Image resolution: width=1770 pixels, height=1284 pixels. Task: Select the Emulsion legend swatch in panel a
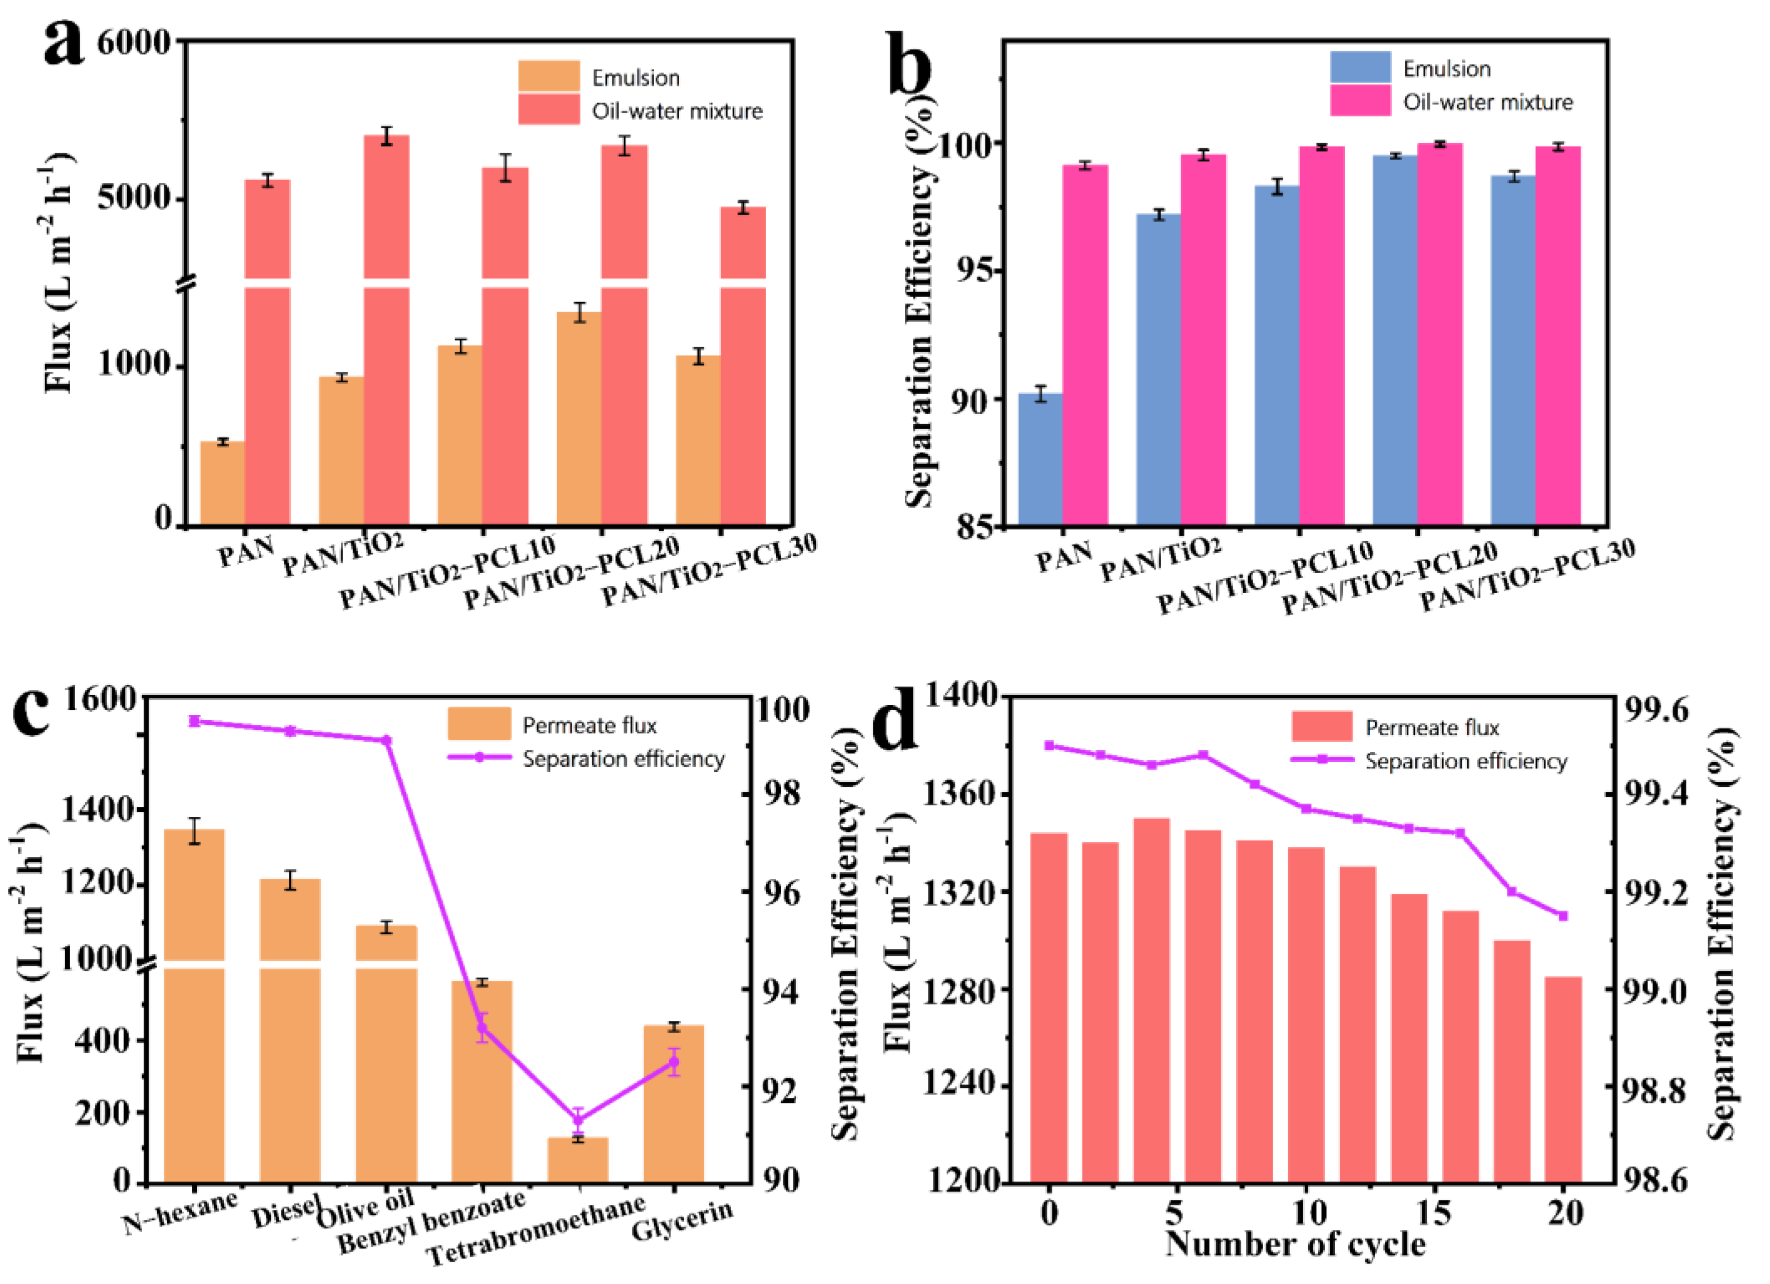(x=549, y=76)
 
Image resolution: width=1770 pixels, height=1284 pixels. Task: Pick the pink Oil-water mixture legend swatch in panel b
(x=1361, y=101)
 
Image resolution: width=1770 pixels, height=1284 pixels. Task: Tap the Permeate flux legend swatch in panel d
(x=1322, y=727)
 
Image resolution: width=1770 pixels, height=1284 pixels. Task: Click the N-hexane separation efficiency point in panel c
(x=194, y=721)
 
